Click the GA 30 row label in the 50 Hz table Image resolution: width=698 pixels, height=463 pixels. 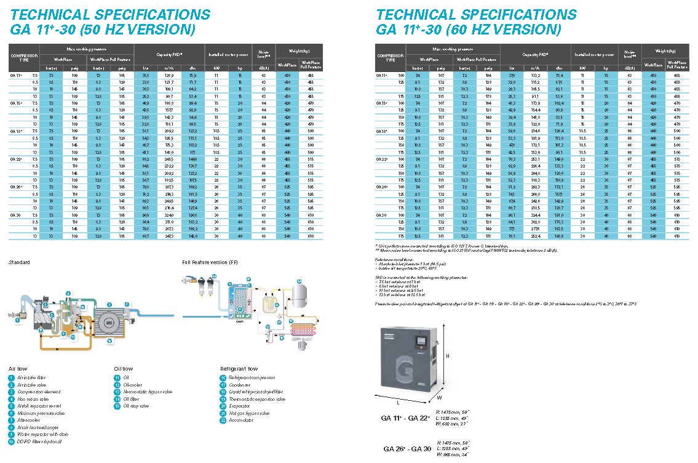tap(15, 215)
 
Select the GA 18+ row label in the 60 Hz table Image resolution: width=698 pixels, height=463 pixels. tap(382, 131)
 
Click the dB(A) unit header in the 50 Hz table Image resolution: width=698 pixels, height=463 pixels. tap(263, 68)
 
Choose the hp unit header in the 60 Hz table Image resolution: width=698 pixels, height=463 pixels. tap(605, 68)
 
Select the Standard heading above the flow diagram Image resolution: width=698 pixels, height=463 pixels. tap(19, 263)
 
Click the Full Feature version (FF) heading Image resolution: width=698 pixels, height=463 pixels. tap(211, 263)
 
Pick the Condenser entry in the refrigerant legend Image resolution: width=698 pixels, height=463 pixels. tap(240, 385)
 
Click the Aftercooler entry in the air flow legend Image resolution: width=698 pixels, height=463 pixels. tap(27, 420)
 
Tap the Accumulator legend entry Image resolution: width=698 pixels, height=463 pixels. tap(242, 421)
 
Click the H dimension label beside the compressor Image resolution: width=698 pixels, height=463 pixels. tap(448, 356)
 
